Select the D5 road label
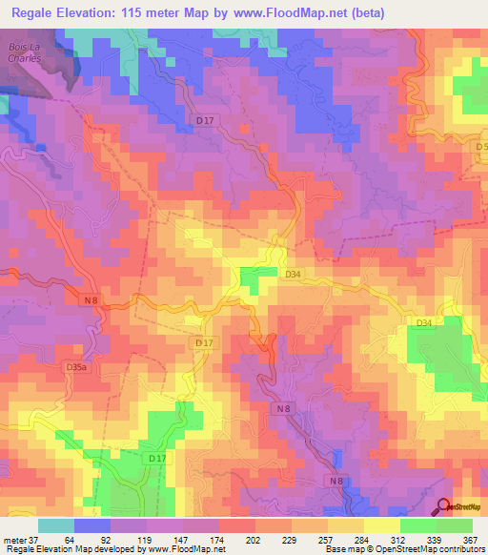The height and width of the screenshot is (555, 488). pos(480,146)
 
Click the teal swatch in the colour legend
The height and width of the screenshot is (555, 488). pos(55,526)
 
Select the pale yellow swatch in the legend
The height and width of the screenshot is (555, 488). pos(380,526)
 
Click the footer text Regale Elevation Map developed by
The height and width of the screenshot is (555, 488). pos(71,549)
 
